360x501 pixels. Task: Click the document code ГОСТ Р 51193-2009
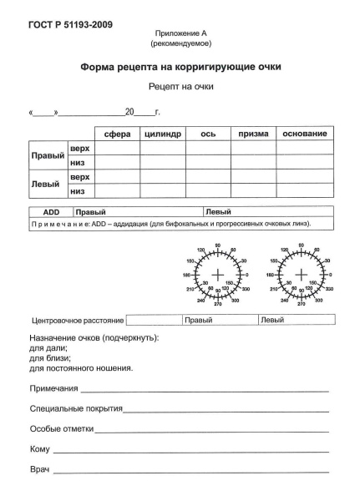[58, 23]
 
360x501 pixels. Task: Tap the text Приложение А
[180, 32]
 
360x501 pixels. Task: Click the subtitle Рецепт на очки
[180, 86]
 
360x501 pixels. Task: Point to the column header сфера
[116, 134]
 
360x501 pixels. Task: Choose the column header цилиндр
[163, 134]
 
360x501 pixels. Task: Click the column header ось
[208, 134]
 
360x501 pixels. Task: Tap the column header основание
[305, 134]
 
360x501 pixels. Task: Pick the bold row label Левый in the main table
[45, 184]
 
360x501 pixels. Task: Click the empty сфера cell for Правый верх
[116, 148]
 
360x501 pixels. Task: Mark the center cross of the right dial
[300, 275]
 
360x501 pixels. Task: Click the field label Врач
[40, 470]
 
